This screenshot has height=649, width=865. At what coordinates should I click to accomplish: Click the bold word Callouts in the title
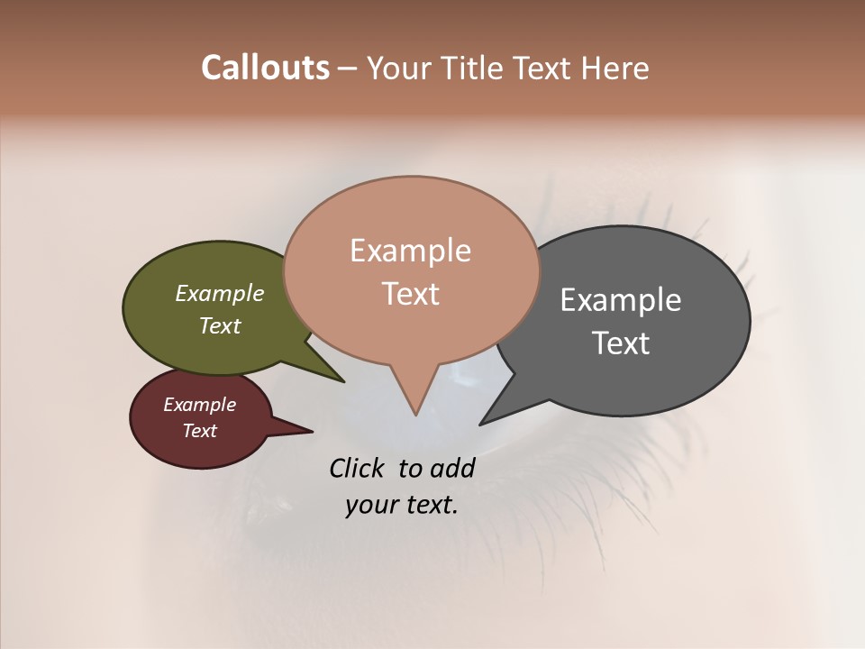265,68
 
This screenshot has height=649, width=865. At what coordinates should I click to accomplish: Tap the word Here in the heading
616,68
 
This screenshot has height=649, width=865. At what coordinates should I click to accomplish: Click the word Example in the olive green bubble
220,293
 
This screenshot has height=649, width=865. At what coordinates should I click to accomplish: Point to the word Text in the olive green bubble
220,325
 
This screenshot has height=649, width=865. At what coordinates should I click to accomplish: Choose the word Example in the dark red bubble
200,405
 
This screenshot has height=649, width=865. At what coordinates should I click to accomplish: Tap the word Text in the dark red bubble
200,431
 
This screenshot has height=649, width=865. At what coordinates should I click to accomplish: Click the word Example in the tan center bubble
411,251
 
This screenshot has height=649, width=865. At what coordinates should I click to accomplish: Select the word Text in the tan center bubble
411,294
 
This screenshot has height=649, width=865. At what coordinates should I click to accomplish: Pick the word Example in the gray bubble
621,299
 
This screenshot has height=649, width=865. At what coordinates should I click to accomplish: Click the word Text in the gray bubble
621,343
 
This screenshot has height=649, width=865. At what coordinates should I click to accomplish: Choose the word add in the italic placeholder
451,468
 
